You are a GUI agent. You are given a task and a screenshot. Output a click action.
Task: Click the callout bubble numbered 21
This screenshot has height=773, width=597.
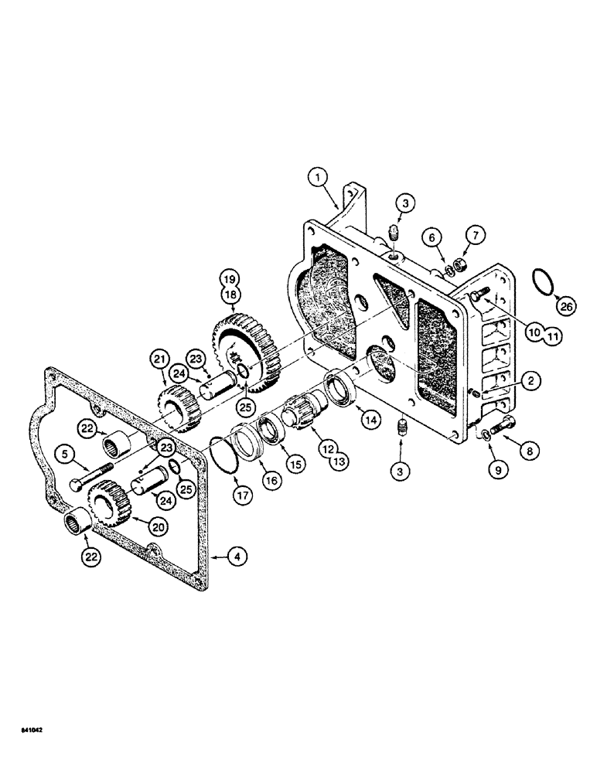click(161, 359)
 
